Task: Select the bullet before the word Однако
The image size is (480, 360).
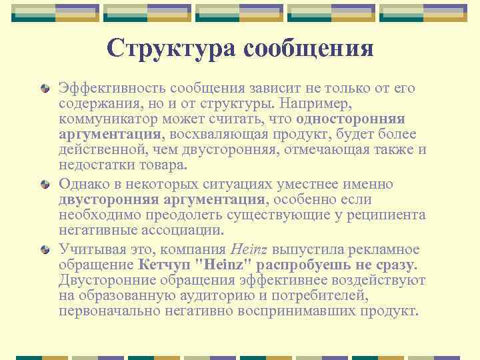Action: tap(45, 185)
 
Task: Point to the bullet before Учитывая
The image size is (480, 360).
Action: tap(45, 251)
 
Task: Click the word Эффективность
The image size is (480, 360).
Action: tap(111, 89)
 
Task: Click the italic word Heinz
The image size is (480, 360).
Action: tap(249, 251)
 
